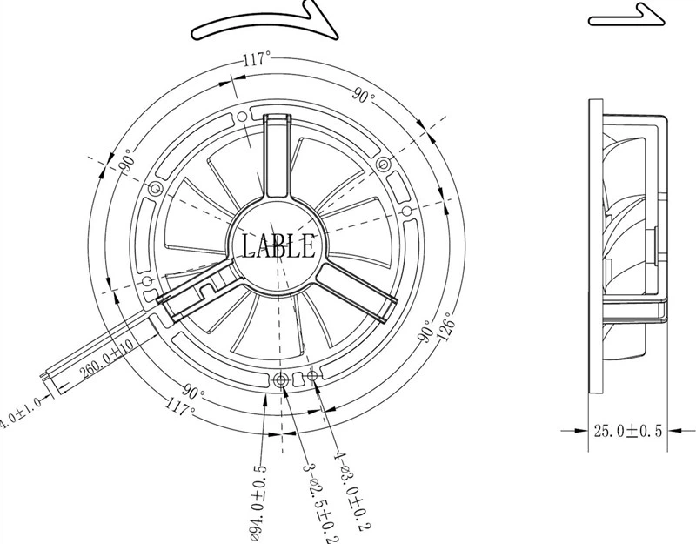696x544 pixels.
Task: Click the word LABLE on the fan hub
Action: click(x=278, y=245)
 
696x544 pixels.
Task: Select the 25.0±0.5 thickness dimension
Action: click(x=627, y=430)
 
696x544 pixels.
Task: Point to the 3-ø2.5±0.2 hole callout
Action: click(x=320, y=503)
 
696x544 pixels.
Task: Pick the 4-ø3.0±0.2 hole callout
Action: click(x=351, y=491)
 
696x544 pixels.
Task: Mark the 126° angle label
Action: click(x=447, y=326)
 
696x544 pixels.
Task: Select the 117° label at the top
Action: click(x=257, y=58)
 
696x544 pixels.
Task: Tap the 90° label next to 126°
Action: click(x=426, y=331)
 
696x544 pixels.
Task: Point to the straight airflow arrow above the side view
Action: click(x=626, y=15)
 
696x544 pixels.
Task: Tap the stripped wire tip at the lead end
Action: click(x=43, y=376)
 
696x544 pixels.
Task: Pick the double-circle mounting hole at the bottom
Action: click(x=281, y=379)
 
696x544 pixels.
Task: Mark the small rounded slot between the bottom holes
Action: click(x=298, y=379)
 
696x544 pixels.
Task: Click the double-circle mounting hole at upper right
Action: click(x=383, y=165)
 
